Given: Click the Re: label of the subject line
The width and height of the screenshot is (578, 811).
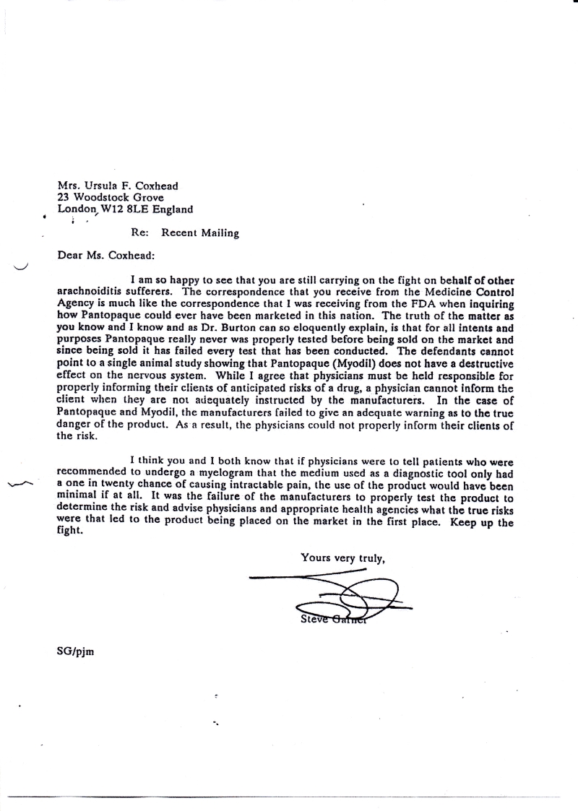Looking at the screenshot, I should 139,233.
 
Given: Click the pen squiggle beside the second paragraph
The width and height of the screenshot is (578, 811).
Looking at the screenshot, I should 22,483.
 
